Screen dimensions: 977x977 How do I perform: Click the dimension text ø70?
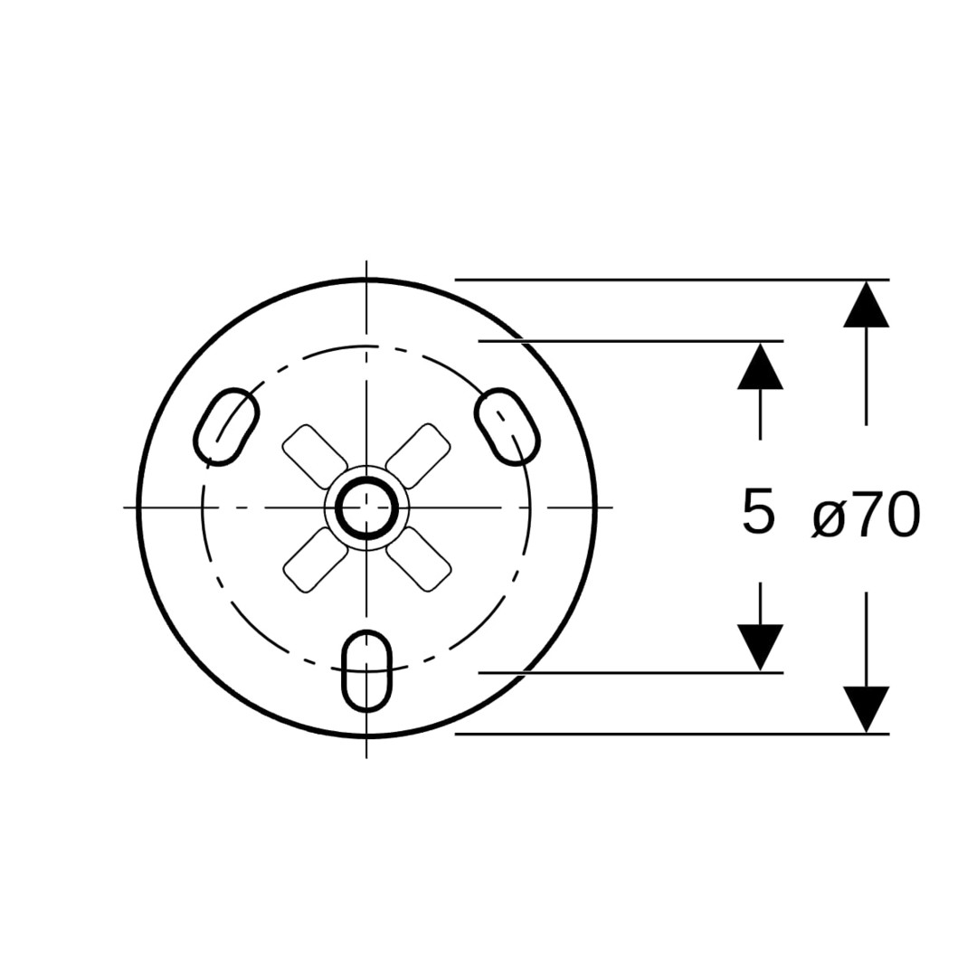point(866,514)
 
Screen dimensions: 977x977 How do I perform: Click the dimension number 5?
point(758,511)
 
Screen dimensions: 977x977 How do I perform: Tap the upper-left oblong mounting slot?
point(226,426)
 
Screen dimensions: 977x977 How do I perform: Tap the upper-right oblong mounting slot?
point(507,426)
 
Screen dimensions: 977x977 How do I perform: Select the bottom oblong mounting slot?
point(367,671)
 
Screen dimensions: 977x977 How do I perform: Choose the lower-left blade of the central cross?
point(316,560)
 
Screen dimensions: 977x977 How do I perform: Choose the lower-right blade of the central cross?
point(419,560)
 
